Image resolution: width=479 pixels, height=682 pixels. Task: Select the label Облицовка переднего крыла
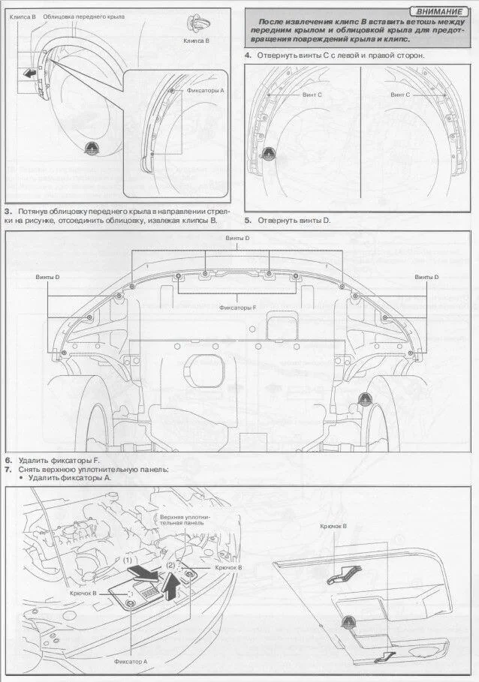[84, 16]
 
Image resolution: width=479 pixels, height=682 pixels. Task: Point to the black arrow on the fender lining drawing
[29, 73]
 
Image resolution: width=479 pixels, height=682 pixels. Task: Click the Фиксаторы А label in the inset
[205, 90]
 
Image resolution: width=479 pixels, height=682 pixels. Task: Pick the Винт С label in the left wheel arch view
[312, 95]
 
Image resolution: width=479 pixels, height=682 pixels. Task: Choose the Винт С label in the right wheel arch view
[400, 95]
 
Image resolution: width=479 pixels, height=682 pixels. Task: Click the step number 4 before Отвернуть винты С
[248, 56]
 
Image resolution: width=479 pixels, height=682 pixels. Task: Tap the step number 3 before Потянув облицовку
[8, 212]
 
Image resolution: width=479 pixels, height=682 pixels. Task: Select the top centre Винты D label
[237, 238]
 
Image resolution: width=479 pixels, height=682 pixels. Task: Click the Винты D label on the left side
[48, 278]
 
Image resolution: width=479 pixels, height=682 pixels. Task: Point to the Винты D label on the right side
[426, 278]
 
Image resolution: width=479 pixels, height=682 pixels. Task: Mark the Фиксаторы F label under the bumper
[237, 308]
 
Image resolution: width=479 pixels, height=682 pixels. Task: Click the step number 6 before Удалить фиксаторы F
[8, 459]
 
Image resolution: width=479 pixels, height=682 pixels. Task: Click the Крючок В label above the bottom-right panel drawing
[333, 526]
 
